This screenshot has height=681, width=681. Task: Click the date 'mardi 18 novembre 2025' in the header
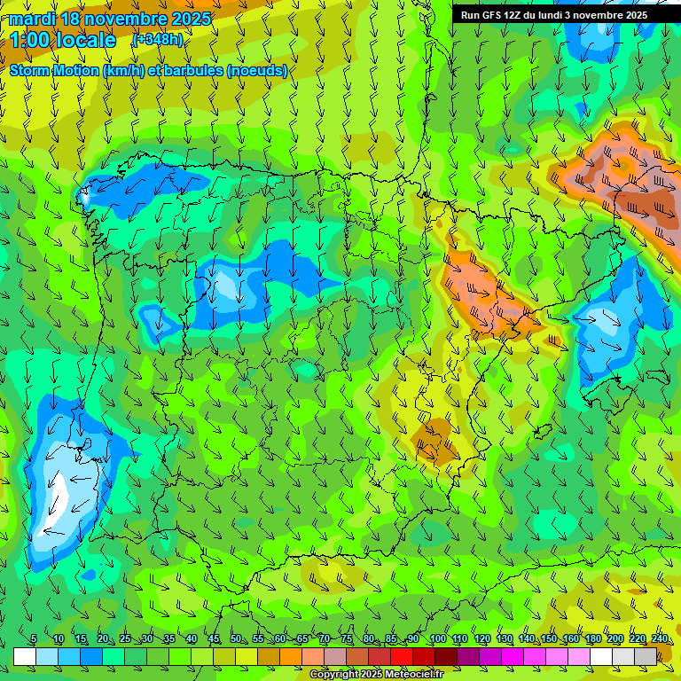(110, 19)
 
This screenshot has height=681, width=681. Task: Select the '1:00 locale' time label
(64, 40)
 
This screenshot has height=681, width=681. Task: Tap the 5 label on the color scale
(34, 638)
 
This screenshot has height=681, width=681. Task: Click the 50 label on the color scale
(236, 638)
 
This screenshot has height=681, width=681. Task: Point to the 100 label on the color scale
(436, 638)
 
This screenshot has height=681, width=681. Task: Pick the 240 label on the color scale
(660, 638)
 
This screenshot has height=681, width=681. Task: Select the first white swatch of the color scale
(25, 656)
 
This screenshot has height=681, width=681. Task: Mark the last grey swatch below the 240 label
(646, 656)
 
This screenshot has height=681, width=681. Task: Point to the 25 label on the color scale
(124, 638)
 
